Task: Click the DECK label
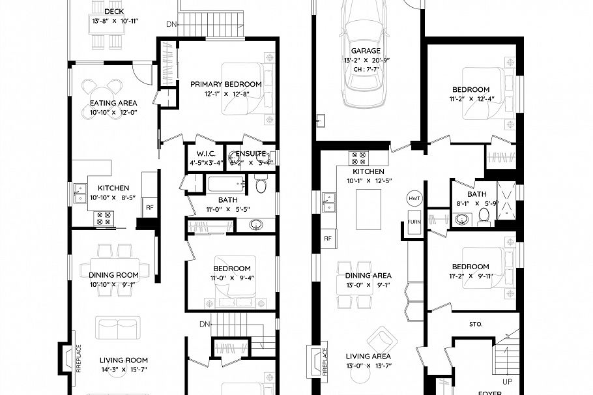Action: (x=113, y=11)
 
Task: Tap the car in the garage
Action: (x=366, y=62)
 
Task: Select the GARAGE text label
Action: (x=366, y=51)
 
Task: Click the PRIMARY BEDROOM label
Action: (x=226, y=84)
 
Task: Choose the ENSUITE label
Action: (x=250, y=154)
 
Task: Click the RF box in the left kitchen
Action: (x=149, y=207)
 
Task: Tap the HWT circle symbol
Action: (x=414, y=198)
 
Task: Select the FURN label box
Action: (x=414, y=222)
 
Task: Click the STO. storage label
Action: (x=475, y=323)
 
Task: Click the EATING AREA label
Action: (x=113, y=103)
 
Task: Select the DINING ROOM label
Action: (x=113, y=275)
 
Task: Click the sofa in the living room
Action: (x=117, y=327)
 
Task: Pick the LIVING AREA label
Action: (x=368, y=356)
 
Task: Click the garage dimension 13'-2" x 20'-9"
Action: (x=366, y=60)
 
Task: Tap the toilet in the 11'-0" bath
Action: (x=261, y=186)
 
